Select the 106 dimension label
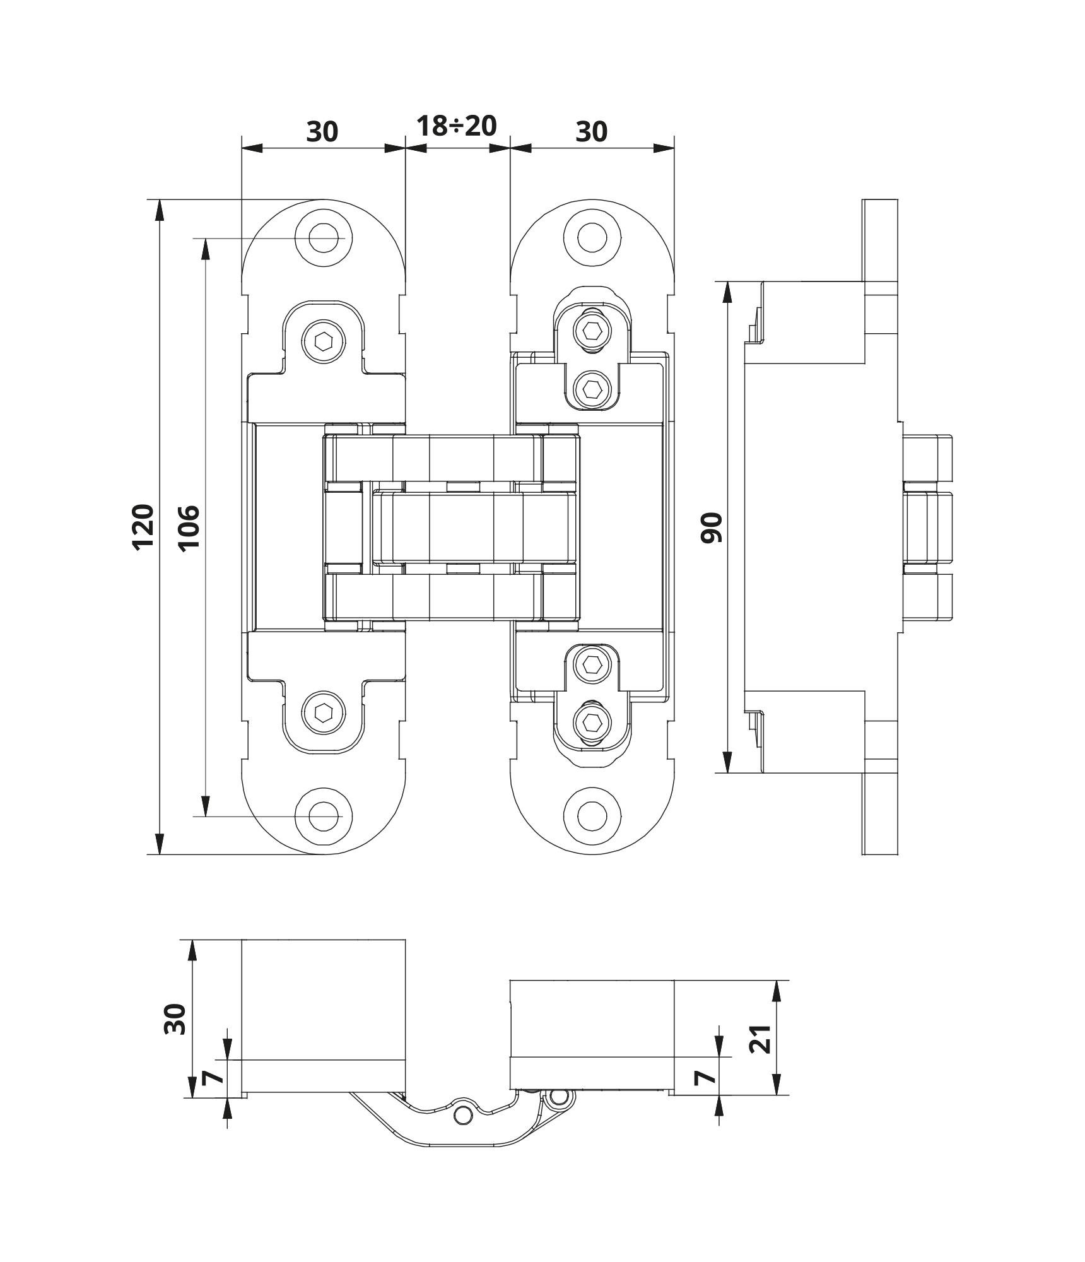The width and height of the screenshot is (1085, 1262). point(189,528)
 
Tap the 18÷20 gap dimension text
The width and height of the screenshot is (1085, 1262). point(457,126)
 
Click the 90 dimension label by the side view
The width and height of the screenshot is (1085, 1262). point(712,528)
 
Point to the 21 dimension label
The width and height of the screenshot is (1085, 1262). point(762,1038)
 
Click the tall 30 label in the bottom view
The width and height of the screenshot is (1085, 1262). point(175,1018)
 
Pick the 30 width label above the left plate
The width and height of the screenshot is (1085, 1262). point(322,132)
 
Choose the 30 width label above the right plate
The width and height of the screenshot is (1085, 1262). point(592,132)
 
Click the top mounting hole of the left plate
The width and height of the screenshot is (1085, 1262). point(324,239)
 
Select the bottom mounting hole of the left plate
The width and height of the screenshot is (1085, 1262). point(324,815)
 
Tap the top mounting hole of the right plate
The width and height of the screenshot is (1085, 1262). point(592,239)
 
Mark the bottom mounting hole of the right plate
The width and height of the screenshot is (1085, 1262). point(592,815)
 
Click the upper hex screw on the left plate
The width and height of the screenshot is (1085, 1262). point(324,343)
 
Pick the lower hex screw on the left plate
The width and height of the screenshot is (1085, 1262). point(324,713)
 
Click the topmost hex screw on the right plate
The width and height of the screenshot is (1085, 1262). point(592,330)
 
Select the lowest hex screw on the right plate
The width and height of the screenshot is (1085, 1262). point(592,721)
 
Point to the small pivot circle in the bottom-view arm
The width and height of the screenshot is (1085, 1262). point(464,1116)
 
